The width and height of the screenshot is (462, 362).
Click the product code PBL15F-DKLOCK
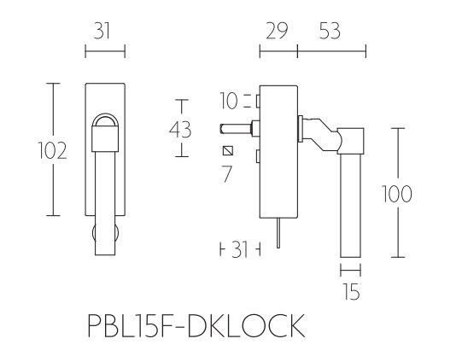196,326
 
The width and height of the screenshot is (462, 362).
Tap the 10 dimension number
228,102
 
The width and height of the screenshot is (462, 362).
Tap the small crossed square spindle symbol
228,152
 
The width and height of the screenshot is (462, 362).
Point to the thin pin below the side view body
278,236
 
